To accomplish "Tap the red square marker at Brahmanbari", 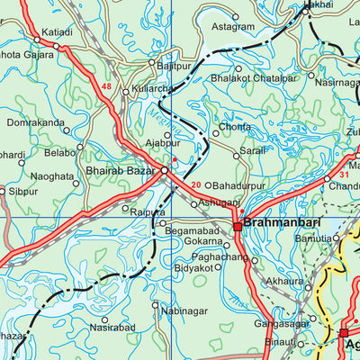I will click(238, 227).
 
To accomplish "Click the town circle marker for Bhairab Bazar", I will click(165, 169).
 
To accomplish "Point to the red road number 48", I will click(107, 87).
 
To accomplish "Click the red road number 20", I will click(196, 186).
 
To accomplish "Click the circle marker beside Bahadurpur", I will click(208, 186).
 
